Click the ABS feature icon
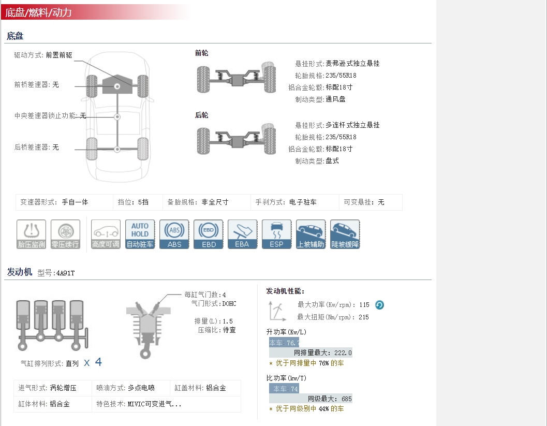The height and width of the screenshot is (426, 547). [x=174, y=234]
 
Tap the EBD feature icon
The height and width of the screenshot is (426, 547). [x=209, y=234]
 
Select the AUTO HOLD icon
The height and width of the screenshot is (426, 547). [x=140, y=234]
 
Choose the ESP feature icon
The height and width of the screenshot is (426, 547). [x=276, y=234]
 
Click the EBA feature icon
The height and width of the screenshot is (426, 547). [x=242, y=234]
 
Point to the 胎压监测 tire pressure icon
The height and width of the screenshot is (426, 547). [x=32, y=234]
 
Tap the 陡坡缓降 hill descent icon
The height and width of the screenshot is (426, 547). [x=345, y=234]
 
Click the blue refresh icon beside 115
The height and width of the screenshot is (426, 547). [x=379, y=305]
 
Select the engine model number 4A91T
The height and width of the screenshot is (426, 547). [x=65, y=273]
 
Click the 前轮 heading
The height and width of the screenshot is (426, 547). [x=201, y=53]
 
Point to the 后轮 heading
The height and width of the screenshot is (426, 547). [x=201, y=115]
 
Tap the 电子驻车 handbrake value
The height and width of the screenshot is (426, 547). [x=303, y=202]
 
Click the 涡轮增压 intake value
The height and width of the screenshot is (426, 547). [x=63, y=388]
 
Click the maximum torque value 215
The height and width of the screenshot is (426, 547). [x=363, y=317]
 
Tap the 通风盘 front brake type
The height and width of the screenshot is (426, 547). [x=335, y=99]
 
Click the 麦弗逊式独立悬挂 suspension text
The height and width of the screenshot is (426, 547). [x=352, y=64]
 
